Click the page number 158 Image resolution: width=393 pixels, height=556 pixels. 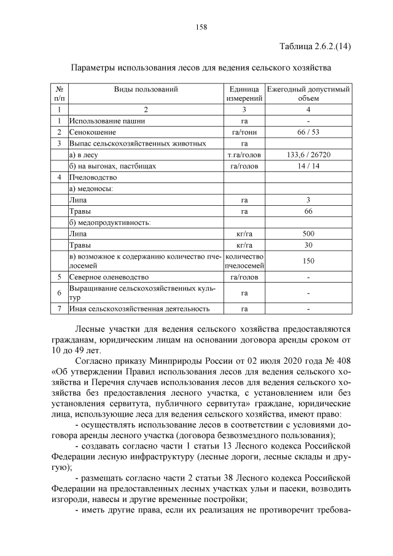(201, 26)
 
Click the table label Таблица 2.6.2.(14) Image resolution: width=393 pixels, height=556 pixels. (314, 47)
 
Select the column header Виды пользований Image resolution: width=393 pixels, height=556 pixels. (146, 89)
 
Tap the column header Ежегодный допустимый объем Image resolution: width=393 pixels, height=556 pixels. (308, 93)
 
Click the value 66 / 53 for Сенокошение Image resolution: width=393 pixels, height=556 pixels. (308, 132)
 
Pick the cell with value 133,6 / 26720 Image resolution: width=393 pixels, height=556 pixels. (308, 155)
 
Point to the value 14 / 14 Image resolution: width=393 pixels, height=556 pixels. (308, 166)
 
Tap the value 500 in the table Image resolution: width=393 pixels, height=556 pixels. (308, 234)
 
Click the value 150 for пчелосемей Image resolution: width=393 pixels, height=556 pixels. (308, 261)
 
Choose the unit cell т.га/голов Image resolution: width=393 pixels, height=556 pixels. (244, 155)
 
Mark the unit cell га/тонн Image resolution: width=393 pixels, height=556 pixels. (244, 132)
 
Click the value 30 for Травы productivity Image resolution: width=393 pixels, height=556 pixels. (308, 245)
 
